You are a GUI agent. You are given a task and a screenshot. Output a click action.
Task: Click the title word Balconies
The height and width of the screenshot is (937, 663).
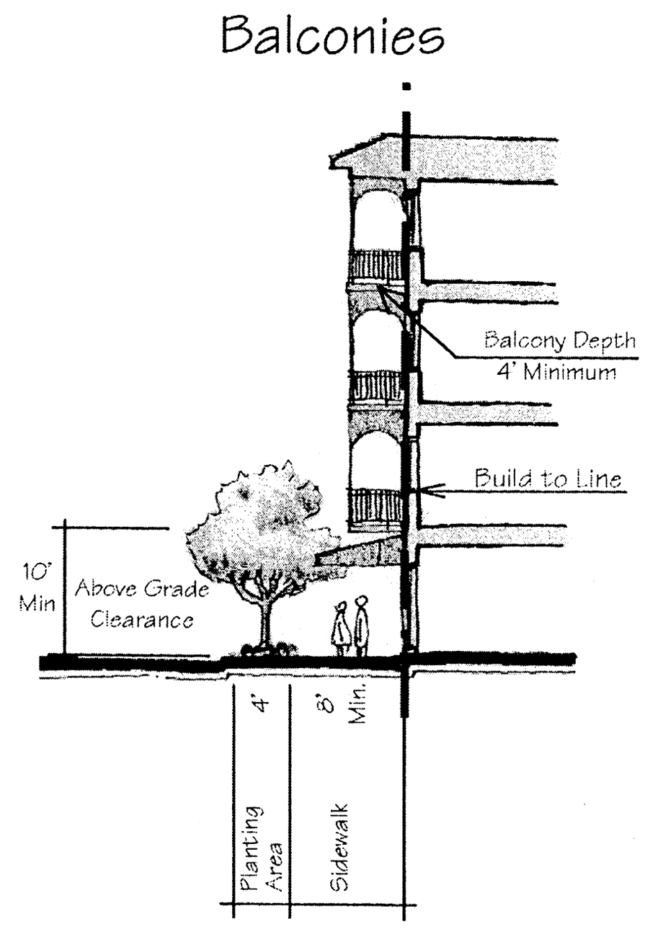(x=331, y=36)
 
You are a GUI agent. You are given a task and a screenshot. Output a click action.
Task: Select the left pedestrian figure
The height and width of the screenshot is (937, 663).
(x=339, y=629)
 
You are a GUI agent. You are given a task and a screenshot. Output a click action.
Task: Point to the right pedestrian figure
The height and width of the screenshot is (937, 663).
(x=362, y=623)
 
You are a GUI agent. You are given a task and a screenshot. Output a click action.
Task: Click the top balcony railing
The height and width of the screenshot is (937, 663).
(x=375, y=266)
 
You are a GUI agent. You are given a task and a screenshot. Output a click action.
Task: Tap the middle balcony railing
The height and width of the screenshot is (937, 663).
(x=375, y=387)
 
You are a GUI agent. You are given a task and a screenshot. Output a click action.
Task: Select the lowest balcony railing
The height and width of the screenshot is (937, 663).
(x=375, y=505)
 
